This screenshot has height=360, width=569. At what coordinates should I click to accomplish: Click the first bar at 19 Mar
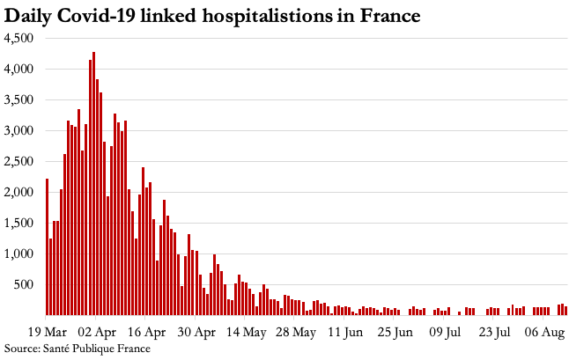[x=47, y=246]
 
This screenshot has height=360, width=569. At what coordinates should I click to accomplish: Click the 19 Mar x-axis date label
[x=48, y=333]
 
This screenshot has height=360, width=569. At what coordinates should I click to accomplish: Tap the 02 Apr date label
[x=97, y=333]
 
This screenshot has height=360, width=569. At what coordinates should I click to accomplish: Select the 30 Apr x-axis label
[x=197, y=333]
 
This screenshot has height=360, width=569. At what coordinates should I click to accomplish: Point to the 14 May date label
[x=248, y=333]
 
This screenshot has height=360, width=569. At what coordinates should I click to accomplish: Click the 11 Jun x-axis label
[x=346, y=333]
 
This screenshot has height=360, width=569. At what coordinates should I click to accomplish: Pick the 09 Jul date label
[x=447, y=333]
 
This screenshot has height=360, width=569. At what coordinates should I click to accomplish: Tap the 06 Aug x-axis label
[x=546, y=333]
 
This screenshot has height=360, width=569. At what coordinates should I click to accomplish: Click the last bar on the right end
[x=565, y=310]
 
